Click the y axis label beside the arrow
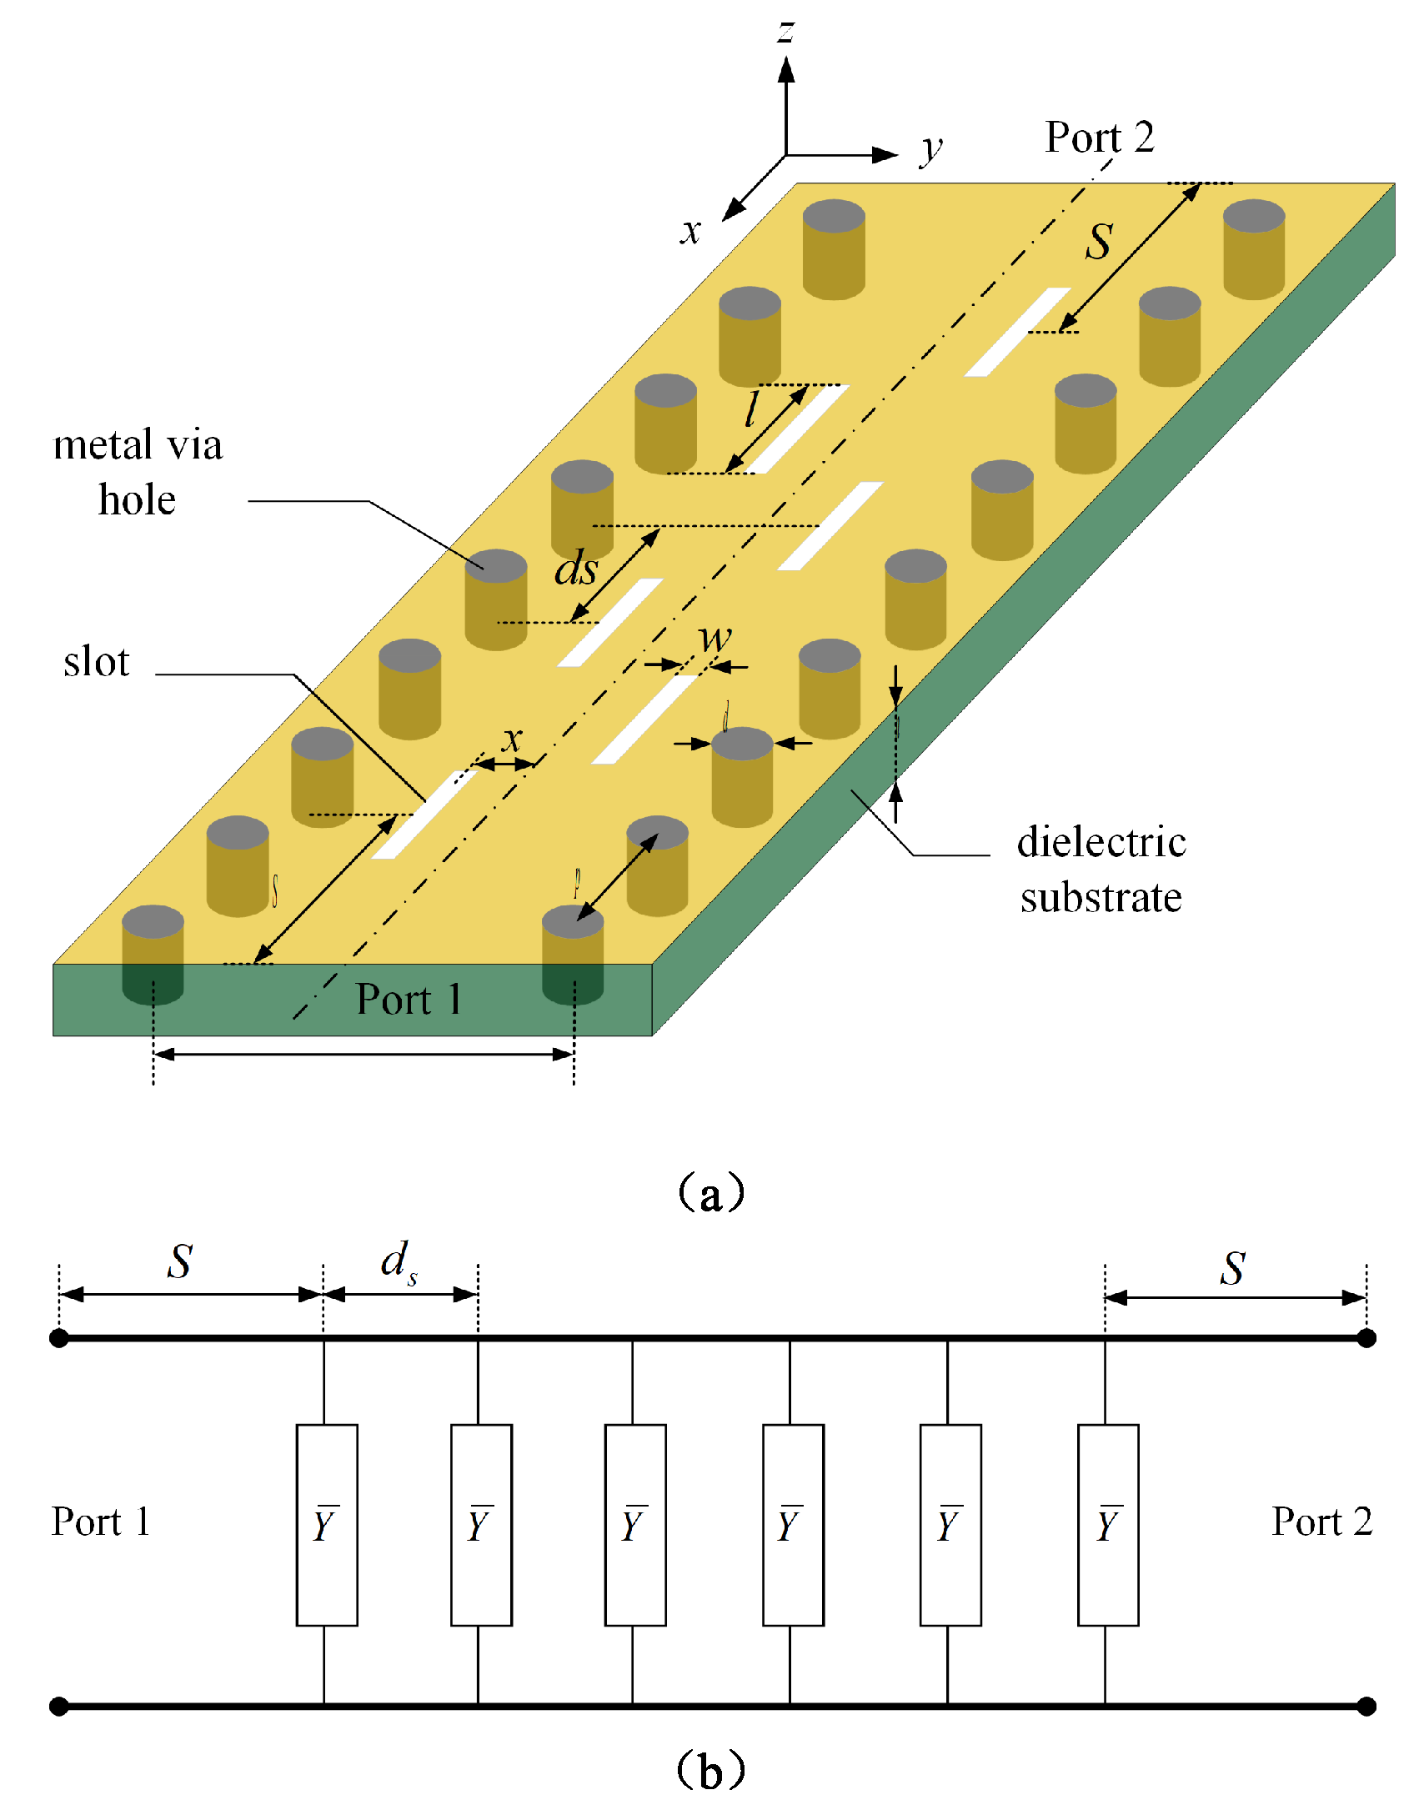[931, 149]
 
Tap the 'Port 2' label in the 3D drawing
[1099, 137]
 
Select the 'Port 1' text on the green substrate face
[409, 999]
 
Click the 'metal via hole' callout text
[138, 472]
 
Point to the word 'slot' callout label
[97, 662]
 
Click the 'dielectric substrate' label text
[1101, 870]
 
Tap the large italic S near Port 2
[1099, 242]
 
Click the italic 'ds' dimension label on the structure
[576, 569]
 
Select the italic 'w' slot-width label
[715, 638]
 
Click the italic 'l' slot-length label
[752, 409]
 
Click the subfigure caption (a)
[710, 1193]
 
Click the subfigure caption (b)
[710, 1769]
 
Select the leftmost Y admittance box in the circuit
[327, 1525]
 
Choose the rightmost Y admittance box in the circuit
[1107, 1525]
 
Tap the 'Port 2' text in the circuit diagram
[1321, 1522]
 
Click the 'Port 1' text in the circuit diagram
[101, 1522]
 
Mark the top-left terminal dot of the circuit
[59, 1338]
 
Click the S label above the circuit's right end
[1233, 1268]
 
